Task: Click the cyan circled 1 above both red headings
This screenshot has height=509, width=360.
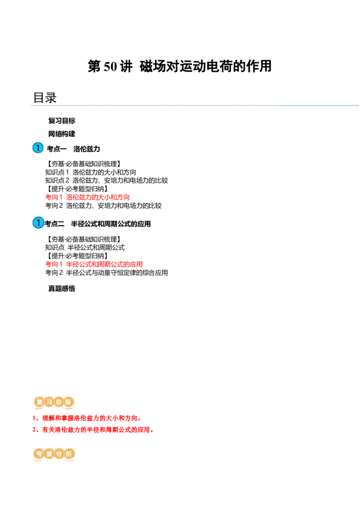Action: (38, 148)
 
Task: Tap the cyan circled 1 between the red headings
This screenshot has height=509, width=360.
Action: (39, 223)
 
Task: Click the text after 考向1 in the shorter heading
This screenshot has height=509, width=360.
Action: (97, 197)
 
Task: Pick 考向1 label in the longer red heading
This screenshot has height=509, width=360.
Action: (54, 264)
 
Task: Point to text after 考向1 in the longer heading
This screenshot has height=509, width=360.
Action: (104, 264)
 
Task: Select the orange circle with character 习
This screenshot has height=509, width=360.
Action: (49, 402)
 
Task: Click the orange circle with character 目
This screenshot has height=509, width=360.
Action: (59, 402)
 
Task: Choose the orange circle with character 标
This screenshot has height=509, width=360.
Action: (68, 402)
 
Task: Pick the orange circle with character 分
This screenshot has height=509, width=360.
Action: (59, 454)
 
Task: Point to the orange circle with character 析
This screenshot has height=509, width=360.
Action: (68, 454)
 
